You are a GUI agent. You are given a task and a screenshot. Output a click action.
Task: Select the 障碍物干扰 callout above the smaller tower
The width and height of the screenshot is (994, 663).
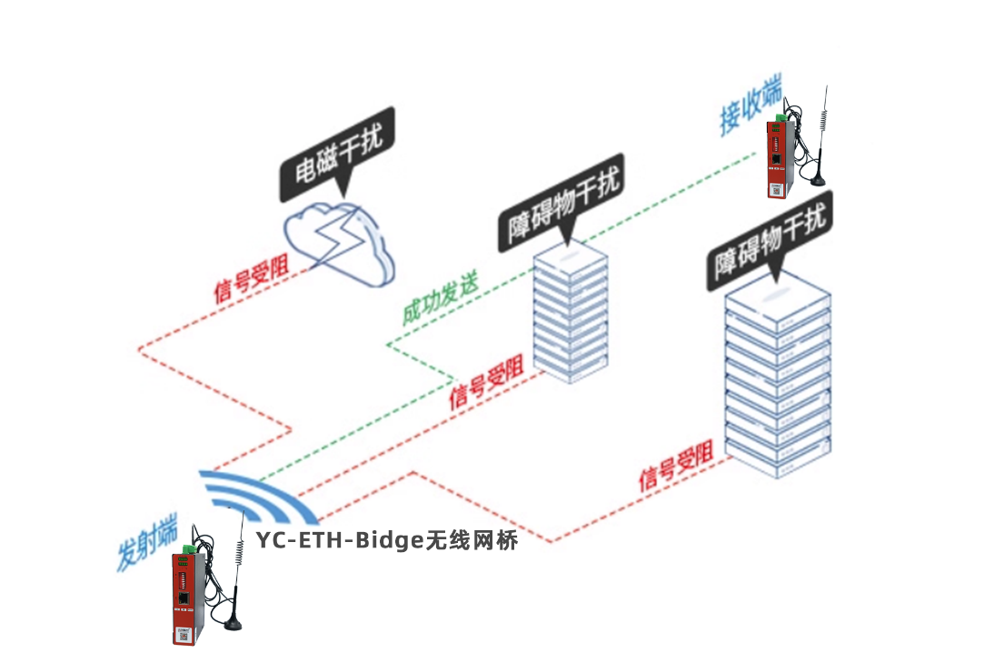[561, 201]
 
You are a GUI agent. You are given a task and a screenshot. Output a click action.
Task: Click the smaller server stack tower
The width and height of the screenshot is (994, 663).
[571, 313]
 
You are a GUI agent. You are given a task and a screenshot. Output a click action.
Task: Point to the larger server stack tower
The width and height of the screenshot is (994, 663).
[778, 376]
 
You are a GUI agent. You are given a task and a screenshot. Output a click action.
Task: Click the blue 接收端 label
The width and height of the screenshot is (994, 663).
[750, 105]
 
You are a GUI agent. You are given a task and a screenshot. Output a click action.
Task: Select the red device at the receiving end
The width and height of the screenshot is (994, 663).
[780, 158]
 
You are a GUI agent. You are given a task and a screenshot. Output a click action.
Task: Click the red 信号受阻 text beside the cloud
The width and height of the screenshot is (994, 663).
[251, 280]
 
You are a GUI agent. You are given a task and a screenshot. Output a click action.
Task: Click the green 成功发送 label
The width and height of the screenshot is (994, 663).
[440, 299]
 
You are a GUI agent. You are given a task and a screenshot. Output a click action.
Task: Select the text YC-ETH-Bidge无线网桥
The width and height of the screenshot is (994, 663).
[387, 540]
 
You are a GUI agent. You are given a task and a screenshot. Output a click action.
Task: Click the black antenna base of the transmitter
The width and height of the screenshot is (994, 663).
[234, 624]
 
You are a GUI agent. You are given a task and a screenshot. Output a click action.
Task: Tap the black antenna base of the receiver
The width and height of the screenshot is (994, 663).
[819, 180]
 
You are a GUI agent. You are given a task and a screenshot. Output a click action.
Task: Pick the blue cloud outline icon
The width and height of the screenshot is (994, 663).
[339, 244]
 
